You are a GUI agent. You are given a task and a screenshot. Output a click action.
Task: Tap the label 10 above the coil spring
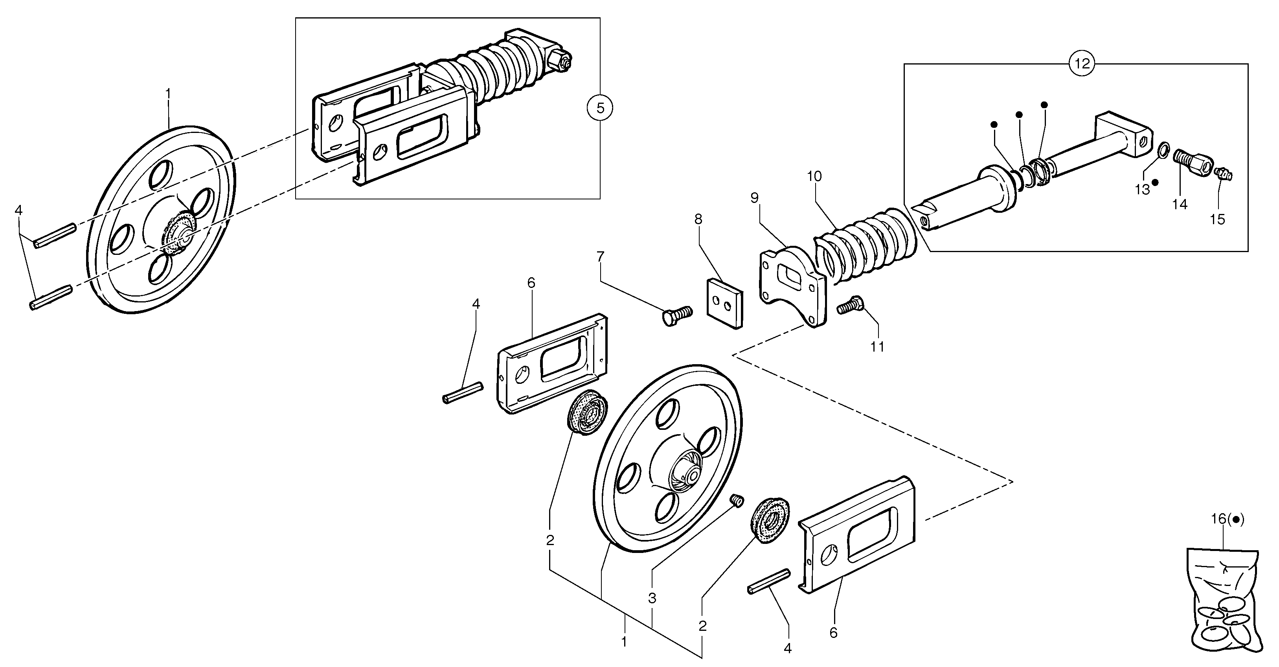(814, 176)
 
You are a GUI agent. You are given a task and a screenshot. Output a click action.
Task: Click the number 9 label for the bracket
(755, 198)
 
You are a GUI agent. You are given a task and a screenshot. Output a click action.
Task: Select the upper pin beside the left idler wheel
(55, 235)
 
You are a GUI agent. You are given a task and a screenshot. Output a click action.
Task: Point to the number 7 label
(600, 257)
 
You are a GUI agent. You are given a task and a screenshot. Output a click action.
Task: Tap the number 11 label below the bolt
(877, 346)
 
